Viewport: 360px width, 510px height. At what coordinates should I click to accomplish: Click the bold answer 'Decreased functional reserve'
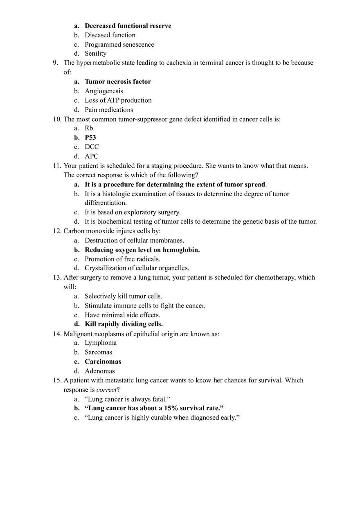pyautogui.click(x=128, y=26)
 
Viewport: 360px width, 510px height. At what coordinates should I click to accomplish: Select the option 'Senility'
pyautogui.click(x=95, y=54)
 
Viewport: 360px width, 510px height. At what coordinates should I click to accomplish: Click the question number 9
pyautogui.click(x=55, y=63)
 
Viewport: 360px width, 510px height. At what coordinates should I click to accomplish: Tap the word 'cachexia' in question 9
pyautogui.click(x=178, y=63)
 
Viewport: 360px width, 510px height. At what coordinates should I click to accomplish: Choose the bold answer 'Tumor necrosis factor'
pyautogui.click(x=118, y=82)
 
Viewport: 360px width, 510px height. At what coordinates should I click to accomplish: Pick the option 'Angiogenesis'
pyautogui.click(x=103, y=91)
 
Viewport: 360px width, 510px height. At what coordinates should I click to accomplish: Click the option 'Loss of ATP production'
pyautogui.click(x=118, y=101)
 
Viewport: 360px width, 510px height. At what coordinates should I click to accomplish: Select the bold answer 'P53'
pyautogui.click(x=90, y=138)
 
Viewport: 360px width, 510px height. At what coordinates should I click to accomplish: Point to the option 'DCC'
pyautogui.click(x=92, y=147)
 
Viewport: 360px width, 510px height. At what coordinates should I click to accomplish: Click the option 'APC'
pyautogui.click(x=92, y=156)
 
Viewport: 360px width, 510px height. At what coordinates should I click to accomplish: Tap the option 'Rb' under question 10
pyautogui.click(x=89, y=128)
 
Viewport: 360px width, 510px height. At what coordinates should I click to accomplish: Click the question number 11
pyautogui.click(x=57, y=166)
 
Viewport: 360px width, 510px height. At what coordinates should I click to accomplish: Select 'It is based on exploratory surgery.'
pyautogui.click(x=132, y=212)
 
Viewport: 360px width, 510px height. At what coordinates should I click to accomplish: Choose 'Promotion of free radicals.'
pyautogui.click(x=122, y=259)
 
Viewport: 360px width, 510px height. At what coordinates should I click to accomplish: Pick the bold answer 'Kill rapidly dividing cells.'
pyautogui.click(x=124, y=324)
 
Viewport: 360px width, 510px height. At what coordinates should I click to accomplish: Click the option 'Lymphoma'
pyautogui.click(x=101, y=343)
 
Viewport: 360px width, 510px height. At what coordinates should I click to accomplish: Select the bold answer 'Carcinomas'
pyautogui.click(x=103, y=362)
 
